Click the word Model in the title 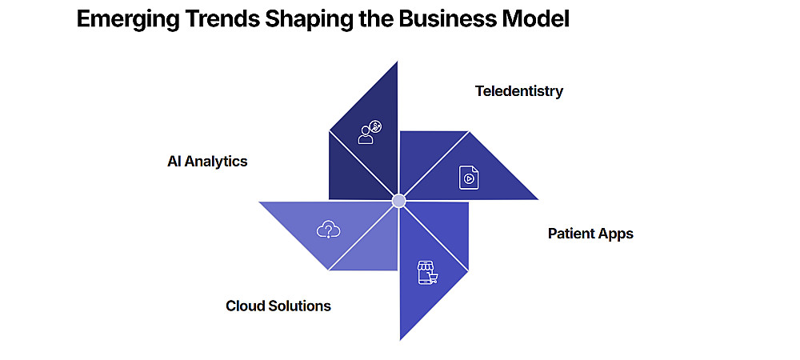pos(538,20)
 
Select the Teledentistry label pos(518,91)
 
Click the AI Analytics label pos(207,162)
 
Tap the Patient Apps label pos(590,234)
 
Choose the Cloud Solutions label pos(278,306)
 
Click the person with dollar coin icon pos(370,132)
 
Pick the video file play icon pos(468,177)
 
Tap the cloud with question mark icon pos(329,230)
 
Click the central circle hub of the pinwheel pos(398,200)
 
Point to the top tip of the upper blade pos(397,63)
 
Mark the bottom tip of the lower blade pos(400,338)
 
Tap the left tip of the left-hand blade pos(260,202)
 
